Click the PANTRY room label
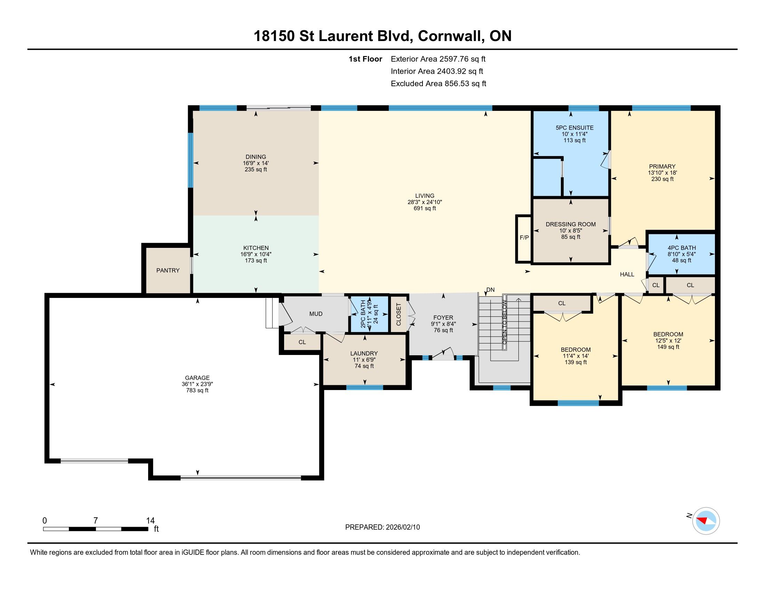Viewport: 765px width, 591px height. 168,270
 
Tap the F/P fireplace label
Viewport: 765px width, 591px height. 524,237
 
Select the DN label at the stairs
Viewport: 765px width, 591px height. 490,290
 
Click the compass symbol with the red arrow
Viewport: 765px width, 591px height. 706,521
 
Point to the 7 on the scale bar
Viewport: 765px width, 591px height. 96,520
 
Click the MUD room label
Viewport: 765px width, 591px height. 316,314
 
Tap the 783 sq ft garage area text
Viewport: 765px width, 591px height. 197,390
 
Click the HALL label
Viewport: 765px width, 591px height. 627,275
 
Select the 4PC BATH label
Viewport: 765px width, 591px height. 682,248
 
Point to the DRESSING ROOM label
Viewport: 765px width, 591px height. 571,224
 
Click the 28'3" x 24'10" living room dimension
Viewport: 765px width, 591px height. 425,202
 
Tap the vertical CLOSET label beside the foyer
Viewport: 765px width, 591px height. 398,314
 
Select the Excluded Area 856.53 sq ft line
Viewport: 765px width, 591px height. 438,83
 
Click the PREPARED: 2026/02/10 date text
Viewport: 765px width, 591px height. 382,527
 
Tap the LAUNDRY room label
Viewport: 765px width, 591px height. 364,353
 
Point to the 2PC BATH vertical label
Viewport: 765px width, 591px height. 363,314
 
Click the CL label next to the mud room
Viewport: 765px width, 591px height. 302,342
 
